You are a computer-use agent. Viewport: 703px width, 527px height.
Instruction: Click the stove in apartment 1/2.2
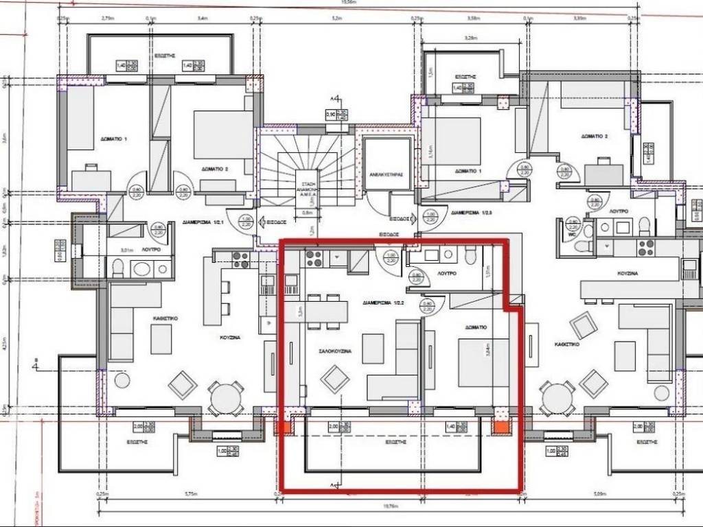click(314, 259)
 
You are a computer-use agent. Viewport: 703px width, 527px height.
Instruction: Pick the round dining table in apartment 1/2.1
click(226, 397)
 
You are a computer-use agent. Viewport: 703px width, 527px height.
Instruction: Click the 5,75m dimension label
click(187, 493)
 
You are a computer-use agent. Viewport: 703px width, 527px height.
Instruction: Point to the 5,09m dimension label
click(599, 493)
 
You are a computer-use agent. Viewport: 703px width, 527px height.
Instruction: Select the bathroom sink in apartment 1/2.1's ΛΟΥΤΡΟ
click(143, 268)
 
